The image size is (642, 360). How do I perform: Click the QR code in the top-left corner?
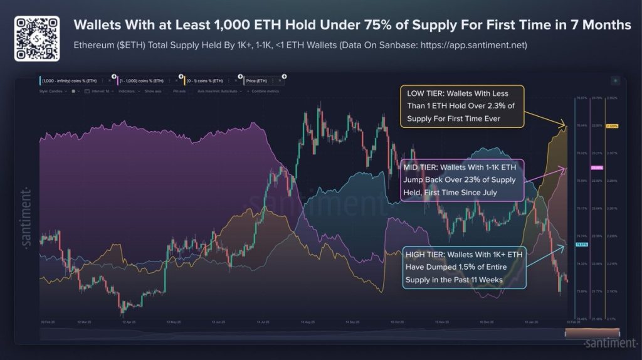(37, 38)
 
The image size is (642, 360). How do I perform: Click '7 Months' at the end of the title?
(604, 25)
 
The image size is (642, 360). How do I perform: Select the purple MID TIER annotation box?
(460, 180)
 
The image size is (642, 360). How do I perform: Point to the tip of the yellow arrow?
(566, 126)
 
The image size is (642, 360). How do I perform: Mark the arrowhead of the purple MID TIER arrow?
(566, 168)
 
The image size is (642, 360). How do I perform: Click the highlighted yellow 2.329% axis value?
(613, 126)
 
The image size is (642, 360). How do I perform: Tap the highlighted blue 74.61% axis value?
(581, 244)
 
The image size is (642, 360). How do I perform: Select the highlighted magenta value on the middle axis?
(596, 168)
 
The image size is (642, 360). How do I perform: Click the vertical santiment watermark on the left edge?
(26, 219)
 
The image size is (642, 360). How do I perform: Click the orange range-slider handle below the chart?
(589, 332)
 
